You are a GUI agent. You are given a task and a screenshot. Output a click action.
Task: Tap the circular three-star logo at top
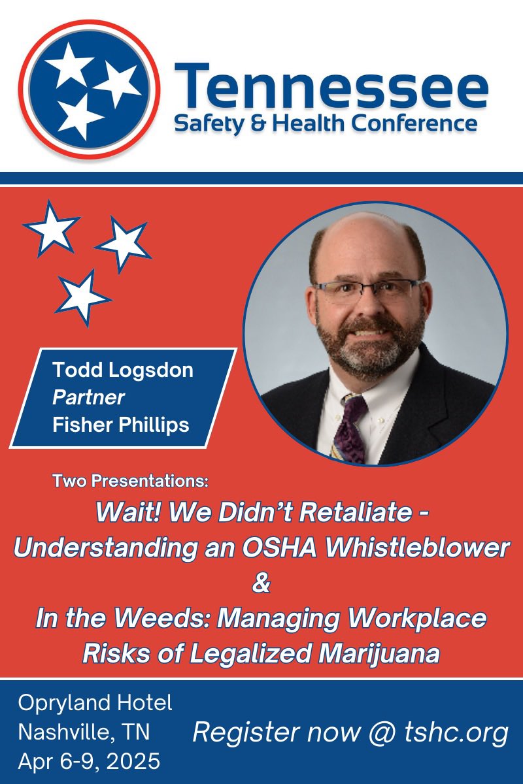tap(89, 90)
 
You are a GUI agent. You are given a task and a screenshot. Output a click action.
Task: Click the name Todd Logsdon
tap(123, 369)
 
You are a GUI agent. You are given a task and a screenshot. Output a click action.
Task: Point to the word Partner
tap(88, 397)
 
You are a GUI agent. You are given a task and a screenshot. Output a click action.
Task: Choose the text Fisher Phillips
tap(121, 425)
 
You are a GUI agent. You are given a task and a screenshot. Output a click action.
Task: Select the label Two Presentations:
tap(130, 482)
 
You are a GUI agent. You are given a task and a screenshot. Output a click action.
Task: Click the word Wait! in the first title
tap(127, 513)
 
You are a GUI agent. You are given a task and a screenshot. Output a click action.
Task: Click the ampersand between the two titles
tap(261, 583)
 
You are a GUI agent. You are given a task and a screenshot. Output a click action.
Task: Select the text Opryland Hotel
tap(95, 703)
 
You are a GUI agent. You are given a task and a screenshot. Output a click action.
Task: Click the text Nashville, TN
tap(84, 732)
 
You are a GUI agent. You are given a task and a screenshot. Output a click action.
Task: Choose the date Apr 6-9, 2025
tap(89, 762)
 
